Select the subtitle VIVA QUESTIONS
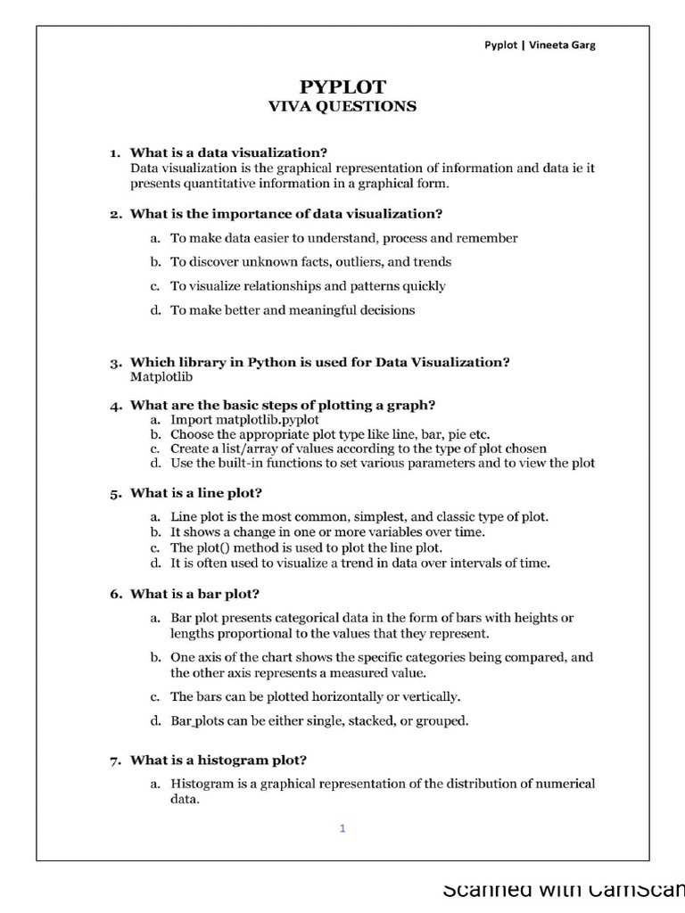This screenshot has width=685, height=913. pos(342,106)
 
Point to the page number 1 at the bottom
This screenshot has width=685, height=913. pos(342,828)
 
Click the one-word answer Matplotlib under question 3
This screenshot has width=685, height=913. pos(161,377)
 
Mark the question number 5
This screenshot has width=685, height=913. pos(115,493)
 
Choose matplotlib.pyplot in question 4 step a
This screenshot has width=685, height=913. pos(267,419)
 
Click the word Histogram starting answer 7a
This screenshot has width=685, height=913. pos(201,784)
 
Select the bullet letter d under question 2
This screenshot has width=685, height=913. pos(154,310)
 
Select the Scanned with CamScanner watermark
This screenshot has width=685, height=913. pos(563,890)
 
